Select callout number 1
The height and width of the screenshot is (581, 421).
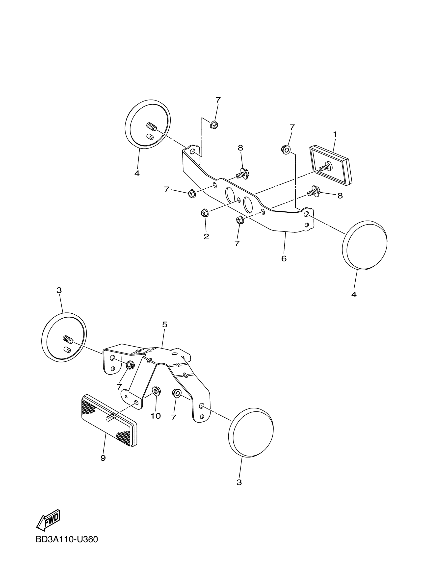point(335,134)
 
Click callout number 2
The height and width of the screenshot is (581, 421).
point(206,236)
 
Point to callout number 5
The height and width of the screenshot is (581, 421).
point(164,325)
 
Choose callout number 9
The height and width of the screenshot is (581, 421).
point(103,458)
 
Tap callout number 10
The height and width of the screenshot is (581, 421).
point(156,416)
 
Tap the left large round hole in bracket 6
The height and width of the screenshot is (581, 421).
point(230,194)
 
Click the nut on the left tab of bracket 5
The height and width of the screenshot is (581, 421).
point(131,365)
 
